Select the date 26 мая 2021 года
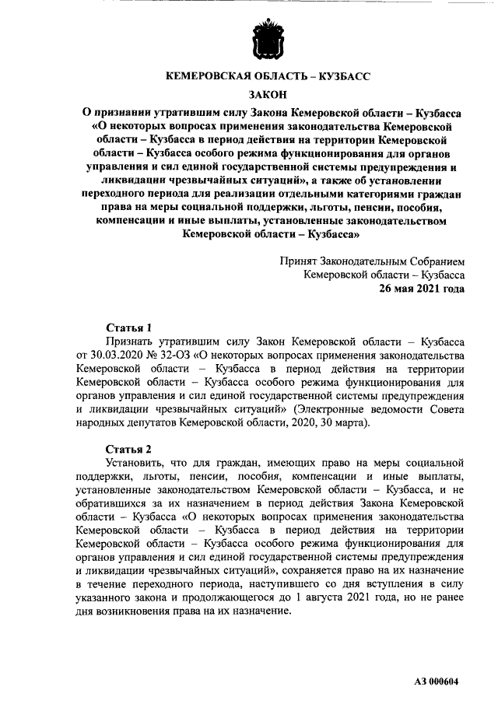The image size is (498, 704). (422, 288)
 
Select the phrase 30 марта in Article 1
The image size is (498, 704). (338, 424)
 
